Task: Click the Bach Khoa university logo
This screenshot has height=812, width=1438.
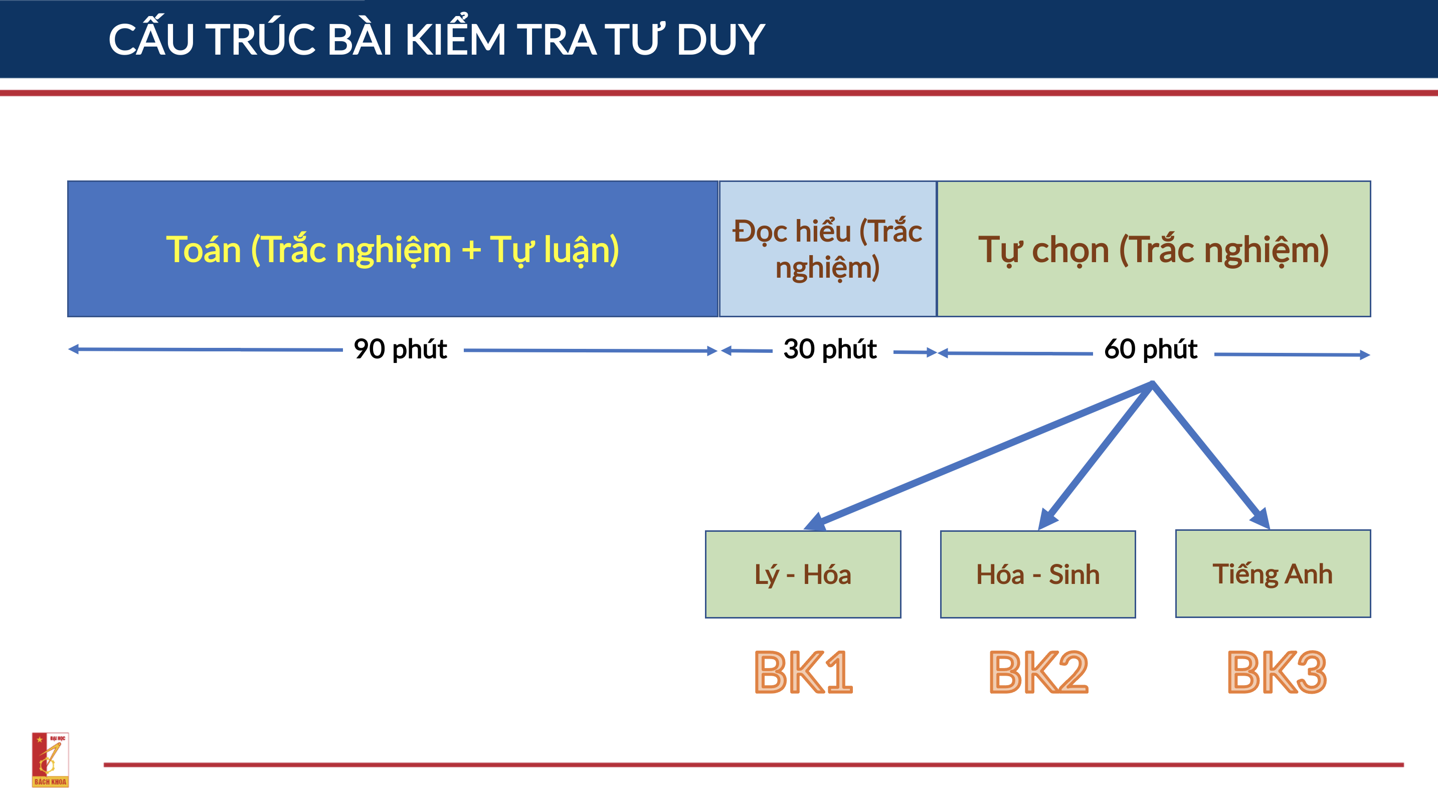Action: point(50,759)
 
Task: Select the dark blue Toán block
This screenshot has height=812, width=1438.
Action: point(393,249)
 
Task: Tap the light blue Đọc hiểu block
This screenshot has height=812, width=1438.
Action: point(828,249)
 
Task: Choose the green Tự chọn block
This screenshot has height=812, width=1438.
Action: point(1154,249)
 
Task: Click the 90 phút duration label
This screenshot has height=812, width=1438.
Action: point(400,349)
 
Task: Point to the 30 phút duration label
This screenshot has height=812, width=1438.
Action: point(830,349)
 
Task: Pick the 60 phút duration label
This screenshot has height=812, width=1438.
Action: point(1151,349)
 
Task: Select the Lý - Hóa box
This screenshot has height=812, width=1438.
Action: point(803,574)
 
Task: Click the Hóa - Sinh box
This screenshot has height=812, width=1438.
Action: point(1038,574)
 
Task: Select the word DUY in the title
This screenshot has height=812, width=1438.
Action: point(720,40)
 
